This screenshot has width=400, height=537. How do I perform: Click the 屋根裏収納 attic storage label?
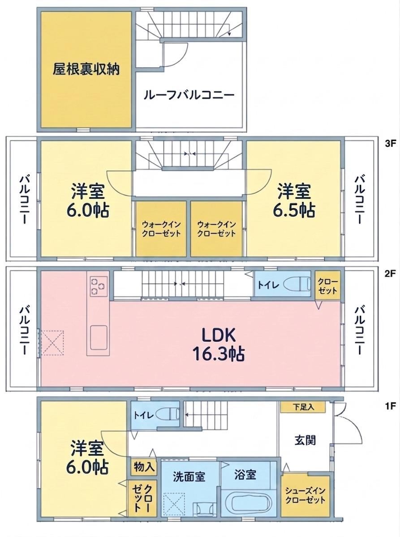point(86,69)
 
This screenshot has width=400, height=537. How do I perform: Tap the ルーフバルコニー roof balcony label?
point(189,95)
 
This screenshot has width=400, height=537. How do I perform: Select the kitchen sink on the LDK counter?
point(99,337)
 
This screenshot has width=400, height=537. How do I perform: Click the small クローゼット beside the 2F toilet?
point(327,286)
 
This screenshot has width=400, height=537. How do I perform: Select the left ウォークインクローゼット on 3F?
point(161,229)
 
